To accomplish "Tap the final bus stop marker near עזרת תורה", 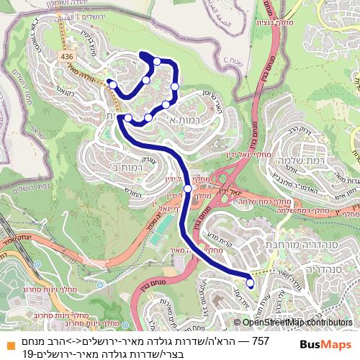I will click(251, 284).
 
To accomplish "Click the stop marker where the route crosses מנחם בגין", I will click(188, 189).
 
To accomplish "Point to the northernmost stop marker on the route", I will click(157, 61).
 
